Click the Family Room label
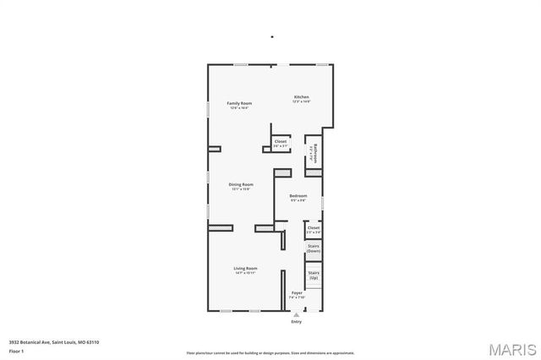[x=239, y=103]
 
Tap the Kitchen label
[x=302, y=97]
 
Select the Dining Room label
[x=241, y=184]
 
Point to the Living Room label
[x=246, y=268]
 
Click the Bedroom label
[x=298, y=195]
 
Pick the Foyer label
[x=297, y=293]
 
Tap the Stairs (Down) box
[x=313, y=249]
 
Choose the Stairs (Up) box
[x=313, y=275]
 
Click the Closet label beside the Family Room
[x=280, y=141]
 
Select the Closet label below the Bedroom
[x=313, y=227]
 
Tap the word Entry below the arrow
[x=296, y=322]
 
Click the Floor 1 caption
[x=16, y=350]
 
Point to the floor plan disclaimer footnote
[x=270, y=352]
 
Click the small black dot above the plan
[x=271, y=36]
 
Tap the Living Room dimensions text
[x=246, y=273]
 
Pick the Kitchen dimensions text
[x=302, y=102]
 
